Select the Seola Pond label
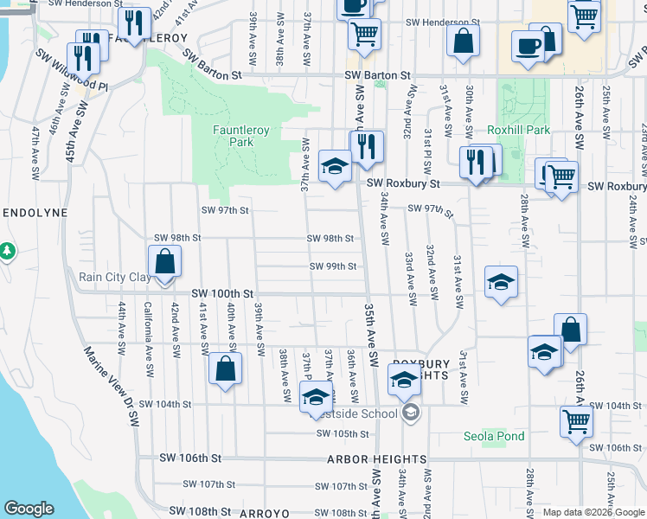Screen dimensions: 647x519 [494, 436]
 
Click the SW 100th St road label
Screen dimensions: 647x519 [222, 294]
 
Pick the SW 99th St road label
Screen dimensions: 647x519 [333, 266]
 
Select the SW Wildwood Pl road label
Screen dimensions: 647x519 [72, 73]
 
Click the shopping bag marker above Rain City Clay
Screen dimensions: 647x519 [164, 260]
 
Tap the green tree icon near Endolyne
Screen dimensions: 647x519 [8, 251]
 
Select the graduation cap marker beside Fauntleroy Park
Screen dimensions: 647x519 [334, 166]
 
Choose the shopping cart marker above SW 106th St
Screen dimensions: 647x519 [576, 421]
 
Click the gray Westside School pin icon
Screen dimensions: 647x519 [411, 413]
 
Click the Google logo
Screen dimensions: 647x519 [29, 509]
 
